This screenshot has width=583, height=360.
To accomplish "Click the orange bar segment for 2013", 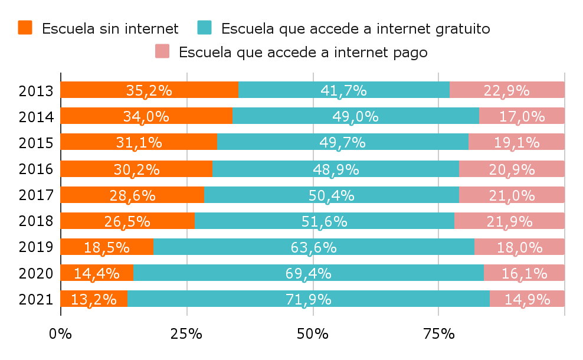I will tap(149, 90).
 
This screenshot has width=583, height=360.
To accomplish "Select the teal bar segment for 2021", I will tap(308, 299).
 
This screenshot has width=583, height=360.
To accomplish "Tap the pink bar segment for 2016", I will tap(512, 169).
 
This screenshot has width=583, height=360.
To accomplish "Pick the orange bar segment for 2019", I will tap(107, 247).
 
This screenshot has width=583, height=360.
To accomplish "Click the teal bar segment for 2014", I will tap(355, 116).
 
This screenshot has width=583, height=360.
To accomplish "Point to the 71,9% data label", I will tap(308, 299).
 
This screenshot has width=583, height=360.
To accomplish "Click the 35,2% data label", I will tap(149, 90).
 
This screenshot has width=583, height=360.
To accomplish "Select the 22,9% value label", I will tap(506, 90).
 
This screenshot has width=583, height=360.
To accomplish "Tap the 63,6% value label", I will tap(313, 247).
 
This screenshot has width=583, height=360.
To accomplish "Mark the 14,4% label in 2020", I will tap(97, 273).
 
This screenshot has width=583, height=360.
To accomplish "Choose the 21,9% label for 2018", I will tap(509, 221).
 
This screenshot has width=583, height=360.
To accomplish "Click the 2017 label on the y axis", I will tap(36, 195).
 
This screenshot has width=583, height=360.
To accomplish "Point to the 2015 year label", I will tap(36, 143).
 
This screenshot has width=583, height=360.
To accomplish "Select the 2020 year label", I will tap(36, 274).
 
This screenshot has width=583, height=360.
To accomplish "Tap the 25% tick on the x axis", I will tap(186, 333).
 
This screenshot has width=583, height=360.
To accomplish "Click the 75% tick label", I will tap(439, 333).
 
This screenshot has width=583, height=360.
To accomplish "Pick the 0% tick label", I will tap(60, 333).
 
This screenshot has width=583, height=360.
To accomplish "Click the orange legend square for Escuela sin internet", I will tap(25, 27).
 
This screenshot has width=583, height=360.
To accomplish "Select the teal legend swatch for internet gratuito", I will tap(204, 27).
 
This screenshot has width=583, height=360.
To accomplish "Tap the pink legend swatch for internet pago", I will tap(162, 51).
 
